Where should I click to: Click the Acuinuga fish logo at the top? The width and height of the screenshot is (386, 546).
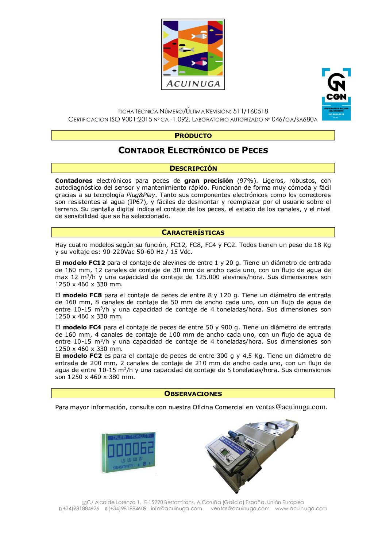pyautogui.click(x=193, y=54)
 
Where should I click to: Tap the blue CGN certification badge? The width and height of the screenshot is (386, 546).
pyautogui.click(x=336, y=94)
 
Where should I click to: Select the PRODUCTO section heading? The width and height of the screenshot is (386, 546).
pyautogui.click(x=193, y=135)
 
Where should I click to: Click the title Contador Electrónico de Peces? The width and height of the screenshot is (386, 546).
pyautogui.click(x=193, y=150)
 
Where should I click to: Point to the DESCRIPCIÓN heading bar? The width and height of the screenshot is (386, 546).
pyautogui.click(x=193, y=168)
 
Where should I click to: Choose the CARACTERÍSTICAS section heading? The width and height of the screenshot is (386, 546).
pyautogui.click(x=193, y=232)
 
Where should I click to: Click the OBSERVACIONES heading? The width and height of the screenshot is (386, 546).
pyautogui.click(x=193, y=394)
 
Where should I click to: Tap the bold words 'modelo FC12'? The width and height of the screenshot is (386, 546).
pyautogui.click(x=84, y=263)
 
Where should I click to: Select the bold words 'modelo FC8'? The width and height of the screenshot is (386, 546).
pyautogui.click(x=82, y=295)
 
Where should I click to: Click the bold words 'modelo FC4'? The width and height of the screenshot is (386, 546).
pyautogui.click(x=82, y=327)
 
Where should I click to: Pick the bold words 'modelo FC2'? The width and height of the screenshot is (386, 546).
pyautogui.click(x=82, y=356)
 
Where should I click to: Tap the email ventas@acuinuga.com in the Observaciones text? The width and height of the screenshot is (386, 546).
pyautogui.click(x=291, y=407)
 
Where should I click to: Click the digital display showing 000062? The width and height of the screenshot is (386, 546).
pyautogui.click(x=128, y=452)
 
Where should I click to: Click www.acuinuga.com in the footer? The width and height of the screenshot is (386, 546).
pyautogui.click(x=301, y=508)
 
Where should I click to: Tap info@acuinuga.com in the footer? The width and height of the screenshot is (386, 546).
pyautogui.click(x=176, y=508)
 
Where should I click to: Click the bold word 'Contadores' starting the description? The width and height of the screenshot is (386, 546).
pyautogui.click(x=74, y=181)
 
